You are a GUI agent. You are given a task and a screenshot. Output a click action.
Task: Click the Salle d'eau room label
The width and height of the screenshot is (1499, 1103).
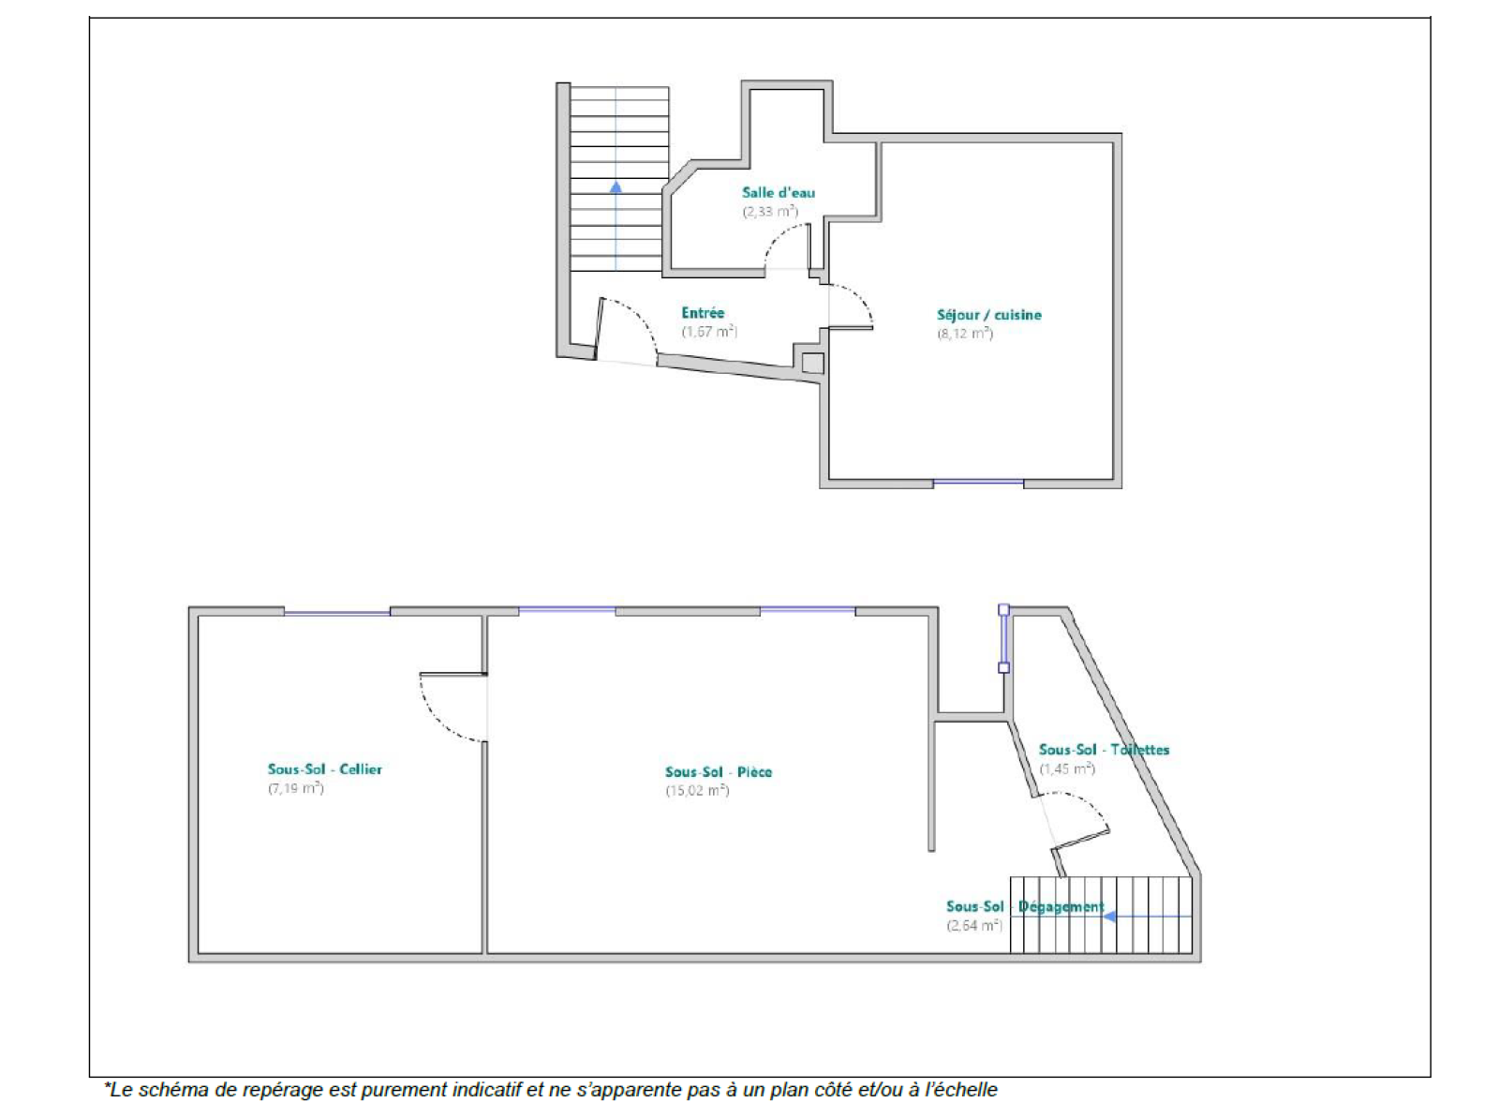click(779, 193)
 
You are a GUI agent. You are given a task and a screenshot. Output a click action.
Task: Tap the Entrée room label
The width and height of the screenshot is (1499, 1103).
click(703, 313)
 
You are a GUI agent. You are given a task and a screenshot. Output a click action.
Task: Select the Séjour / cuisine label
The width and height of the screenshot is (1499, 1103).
click(989, 315)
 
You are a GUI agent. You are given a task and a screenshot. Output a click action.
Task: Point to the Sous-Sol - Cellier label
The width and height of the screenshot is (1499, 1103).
click(324, 769)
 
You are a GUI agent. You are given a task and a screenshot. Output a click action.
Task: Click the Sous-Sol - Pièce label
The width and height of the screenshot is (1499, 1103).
click(718, 771)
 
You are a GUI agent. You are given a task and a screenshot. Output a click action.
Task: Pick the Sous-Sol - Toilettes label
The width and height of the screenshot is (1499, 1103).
click(1104, 750)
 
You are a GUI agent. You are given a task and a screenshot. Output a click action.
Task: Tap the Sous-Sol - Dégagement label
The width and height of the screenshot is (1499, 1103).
click(1025, 906)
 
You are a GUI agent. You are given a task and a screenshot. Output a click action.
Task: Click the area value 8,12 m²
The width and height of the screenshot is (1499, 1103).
click(964, 334)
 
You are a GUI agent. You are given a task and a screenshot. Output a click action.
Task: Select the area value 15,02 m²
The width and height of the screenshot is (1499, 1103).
click(697, 790)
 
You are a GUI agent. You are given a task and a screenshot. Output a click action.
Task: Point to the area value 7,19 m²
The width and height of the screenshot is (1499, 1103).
click(296, 788)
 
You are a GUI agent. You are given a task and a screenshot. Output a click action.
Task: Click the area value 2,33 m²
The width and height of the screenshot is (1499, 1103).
click(769, 212)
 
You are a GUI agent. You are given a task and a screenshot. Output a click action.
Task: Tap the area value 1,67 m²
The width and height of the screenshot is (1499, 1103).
click(709, 332)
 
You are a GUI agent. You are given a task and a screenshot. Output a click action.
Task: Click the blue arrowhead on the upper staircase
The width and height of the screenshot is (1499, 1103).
click(616, 186)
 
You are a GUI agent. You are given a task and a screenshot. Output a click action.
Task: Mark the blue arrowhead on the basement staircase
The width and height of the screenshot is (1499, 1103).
click(1109, 917)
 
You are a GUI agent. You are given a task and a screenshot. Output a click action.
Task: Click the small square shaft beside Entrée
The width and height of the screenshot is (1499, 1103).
click(813, 363)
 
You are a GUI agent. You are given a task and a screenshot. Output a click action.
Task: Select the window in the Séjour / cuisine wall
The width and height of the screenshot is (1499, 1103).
click(978, 482)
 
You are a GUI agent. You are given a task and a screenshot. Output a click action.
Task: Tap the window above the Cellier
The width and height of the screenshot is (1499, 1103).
click(337, 612)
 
